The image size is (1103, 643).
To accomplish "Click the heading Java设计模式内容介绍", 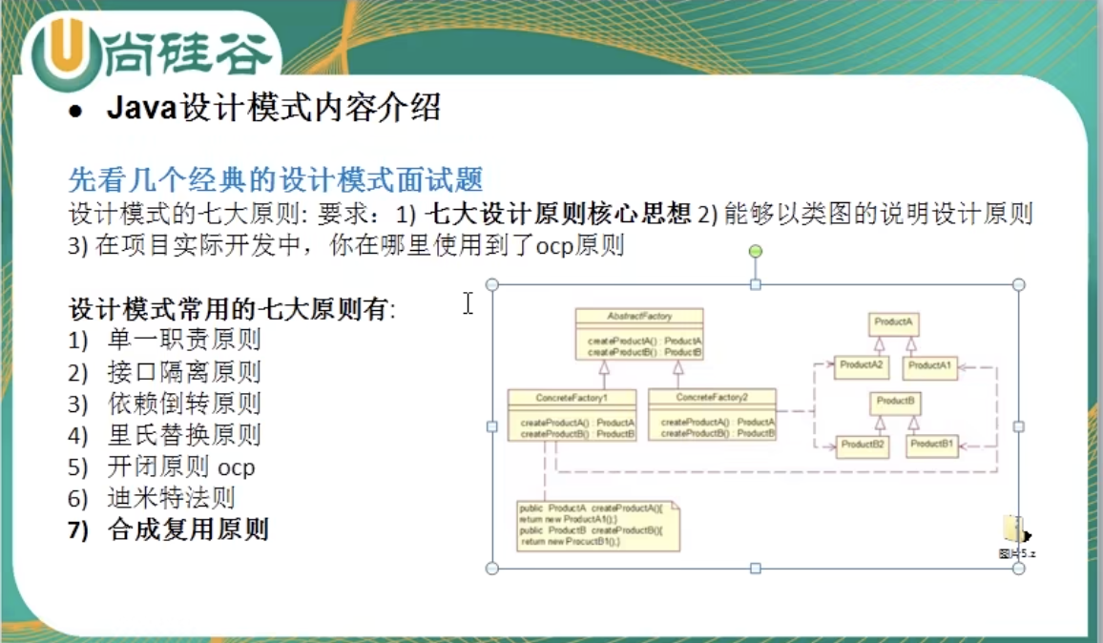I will tap(274, 108).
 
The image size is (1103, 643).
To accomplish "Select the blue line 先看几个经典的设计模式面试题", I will tap(276, 178).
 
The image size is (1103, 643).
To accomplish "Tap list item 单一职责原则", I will tap(184, 339).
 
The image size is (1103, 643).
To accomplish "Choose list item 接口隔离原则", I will tap(184, 371).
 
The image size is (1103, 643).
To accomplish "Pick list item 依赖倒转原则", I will tap(184, 404).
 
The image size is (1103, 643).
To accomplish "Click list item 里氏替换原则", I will tap(184, 436).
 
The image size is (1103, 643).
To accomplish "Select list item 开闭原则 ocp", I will tap(181, 467).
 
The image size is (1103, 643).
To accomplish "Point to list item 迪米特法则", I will tap(172, 498).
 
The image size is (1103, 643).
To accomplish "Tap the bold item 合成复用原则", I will tap(188, 529).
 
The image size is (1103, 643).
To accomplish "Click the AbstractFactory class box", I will tap(639, 333).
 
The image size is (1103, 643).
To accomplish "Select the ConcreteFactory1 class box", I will tap(572, 415).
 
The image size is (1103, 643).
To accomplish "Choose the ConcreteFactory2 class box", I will tap(712, 415).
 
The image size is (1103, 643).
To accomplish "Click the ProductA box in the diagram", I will tap(894, 323).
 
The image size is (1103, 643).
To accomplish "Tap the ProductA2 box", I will tap(862, 365).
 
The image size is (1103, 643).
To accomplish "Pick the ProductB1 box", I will tap(932, 445).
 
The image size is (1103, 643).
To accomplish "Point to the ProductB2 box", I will tap(863, 445).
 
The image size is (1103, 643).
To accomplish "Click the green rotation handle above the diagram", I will tap(756, 251).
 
